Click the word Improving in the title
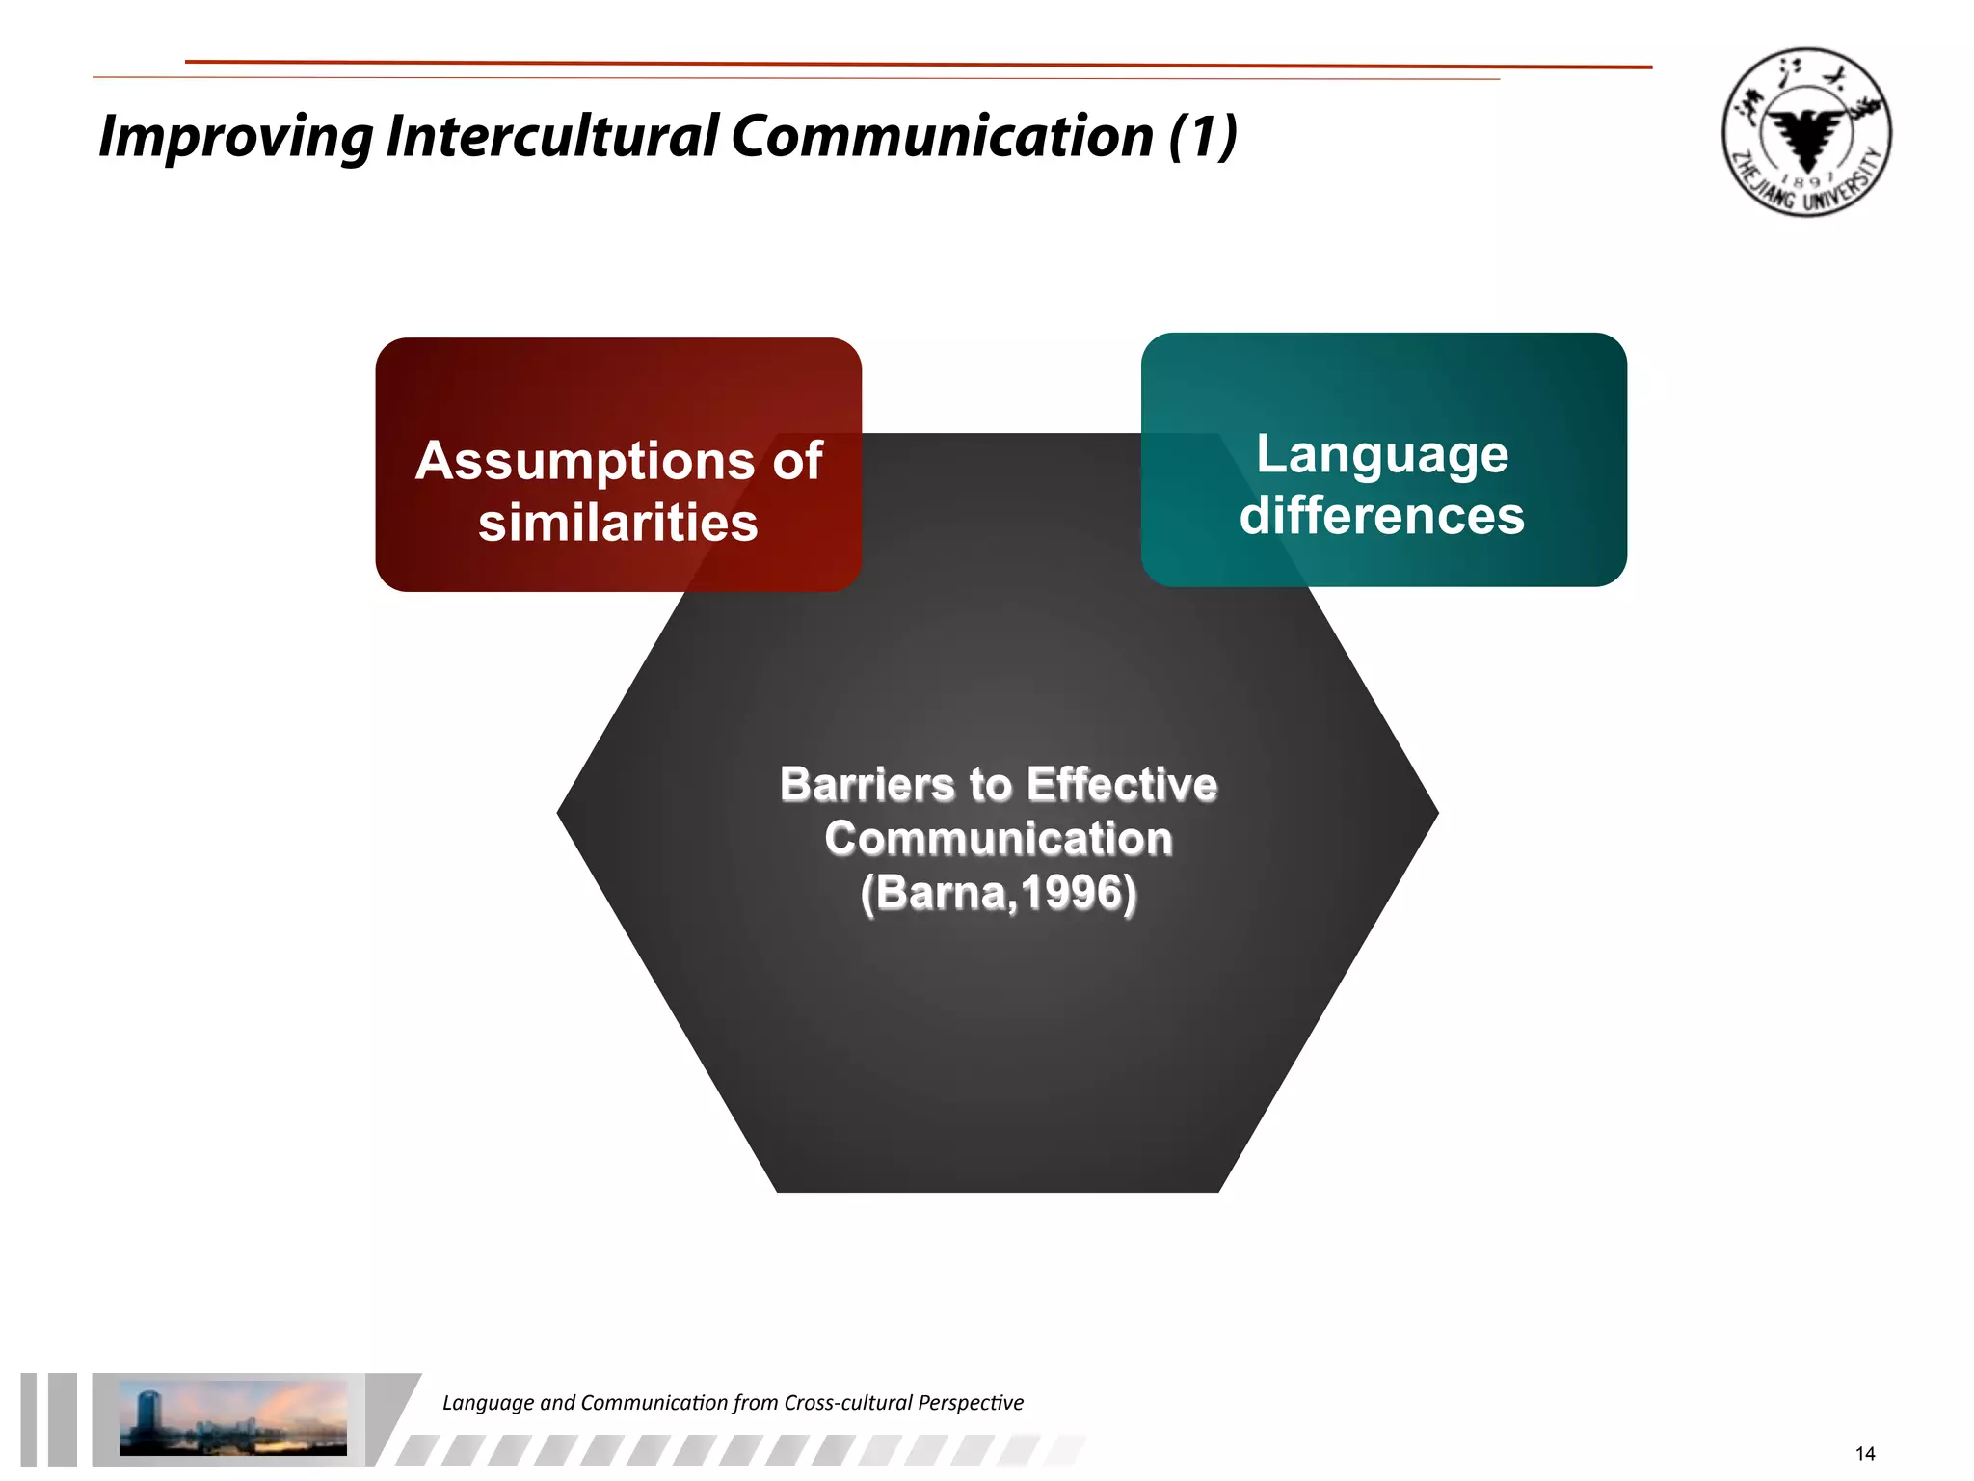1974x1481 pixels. [235, 137]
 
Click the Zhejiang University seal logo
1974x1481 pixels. [1805, 132]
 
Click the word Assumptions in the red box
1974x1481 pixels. [585, 462]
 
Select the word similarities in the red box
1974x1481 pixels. [618, 524]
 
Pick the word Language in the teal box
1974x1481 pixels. [1382, 454]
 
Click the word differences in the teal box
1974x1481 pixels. [1382, 516]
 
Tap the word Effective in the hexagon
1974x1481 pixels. [1122, 785]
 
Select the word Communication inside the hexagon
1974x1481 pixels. [999, 839]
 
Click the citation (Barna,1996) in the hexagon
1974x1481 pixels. [999, 893]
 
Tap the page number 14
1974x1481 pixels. [1865, 1453]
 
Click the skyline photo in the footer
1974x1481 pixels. [232, 1417]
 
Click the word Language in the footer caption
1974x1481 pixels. [488, 1403]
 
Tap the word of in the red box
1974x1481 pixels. [797, 462]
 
